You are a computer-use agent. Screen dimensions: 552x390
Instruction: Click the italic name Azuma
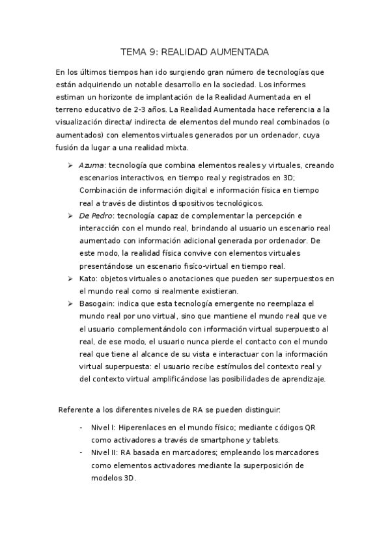coord(91,166)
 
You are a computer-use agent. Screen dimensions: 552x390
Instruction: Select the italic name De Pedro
coord(96,215)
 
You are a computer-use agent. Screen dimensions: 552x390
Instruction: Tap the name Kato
coord(88,278)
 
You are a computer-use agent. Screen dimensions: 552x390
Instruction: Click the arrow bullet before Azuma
coord(70,166)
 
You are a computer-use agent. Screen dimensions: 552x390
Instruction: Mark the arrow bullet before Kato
coord(70,278)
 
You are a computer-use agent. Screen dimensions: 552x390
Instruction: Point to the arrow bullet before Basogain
coord(70,303)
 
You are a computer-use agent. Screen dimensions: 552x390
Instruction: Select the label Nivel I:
coord(104,427)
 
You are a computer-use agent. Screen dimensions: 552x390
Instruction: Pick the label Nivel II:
coord(105,452)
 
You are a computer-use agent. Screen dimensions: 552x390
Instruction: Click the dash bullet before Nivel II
coord(81,452)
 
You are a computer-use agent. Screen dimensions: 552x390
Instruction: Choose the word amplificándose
coord(184,379)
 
